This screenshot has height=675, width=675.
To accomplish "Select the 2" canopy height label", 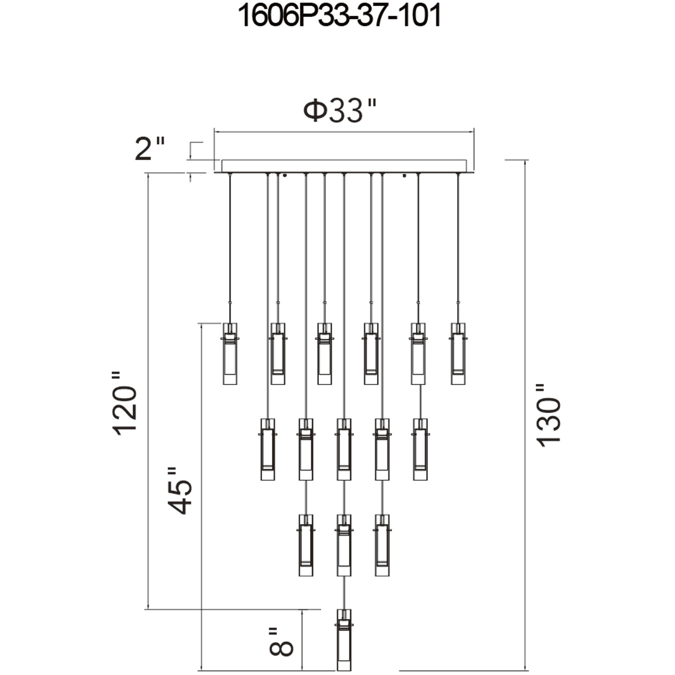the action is (x=150, y=148).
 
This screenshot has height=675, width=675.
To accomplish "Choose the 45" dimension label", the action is (x=180, y=491).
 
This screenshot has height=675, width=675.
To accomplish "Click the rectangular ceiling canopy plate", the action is (x=344, y=166).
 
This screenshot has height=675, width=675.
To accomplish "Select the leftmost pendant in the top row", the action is (x=230, y=354).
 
